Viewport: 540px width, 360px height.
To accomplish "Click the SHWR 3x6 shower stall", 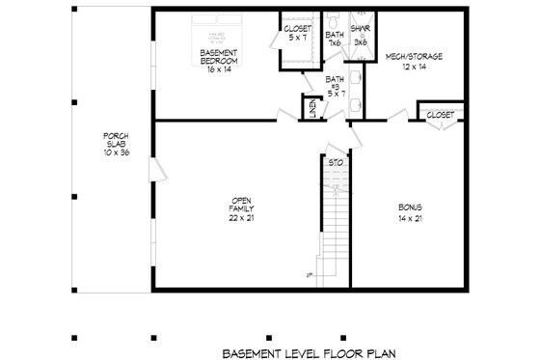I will click(359, 37).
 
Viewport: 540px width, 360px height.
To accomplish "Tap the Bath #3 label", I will click(335, 86).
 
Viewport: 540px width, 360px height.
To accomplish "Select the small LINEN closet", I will click(312, 108).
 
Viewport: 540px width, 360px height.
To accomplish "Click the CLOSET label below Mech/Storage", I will click(440, 114).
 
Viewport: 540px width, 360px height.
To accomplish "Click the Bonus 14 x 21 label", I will click(411, 212).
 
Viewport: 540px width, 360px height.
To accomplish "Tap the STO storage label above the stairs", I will click(335, 163).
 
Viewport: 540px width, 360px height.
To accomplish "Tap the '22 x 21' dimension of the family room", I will click(240, 218).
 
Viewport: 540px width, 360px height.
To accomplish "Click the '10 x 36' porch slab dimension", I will click(117, 153).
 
